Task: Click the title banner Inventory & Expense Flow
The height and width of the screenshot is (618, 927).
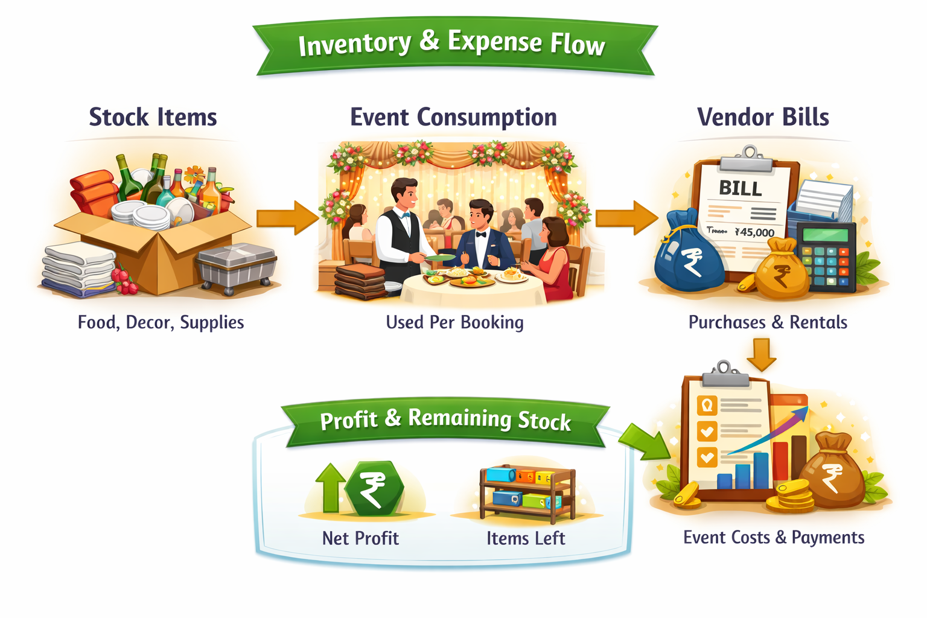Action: pyautogui.click(x=453, y=43)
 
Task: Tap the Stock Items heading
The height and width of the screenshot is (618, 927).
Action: pyautogui.click(x=153, y=117)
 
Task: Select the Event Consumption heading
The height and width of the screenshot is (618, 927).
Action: pyautogui.click(x=453, y=117)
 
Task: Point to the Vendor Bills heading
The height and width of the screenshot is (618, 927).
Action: pyautogui.click(x=763, y=117)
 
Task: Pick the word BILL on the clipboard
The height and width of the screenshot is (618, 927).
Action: pyautogui.click(x=741, y=188)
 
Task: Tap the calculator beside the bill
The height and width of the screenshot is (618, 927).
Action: pyautogui.click(x=826, y=256)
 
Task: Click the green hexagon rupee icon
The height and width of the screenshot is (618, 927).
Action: pyautogui.click(x=374, y=489)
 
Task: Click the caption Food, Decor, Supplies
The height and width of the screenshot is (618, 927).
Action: pyautogui.click(x=161, y=322)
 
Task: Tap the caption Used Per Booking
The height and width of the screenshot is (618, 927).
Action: pyautogui.click(x=454, y=322)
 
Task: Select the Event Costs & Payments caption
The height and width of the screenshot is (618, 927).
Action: pyautogui.click(x=774, y=537)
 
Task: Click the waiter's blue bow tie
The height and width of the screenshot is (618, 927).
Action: pyautogui.click(x=407, y=214)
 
